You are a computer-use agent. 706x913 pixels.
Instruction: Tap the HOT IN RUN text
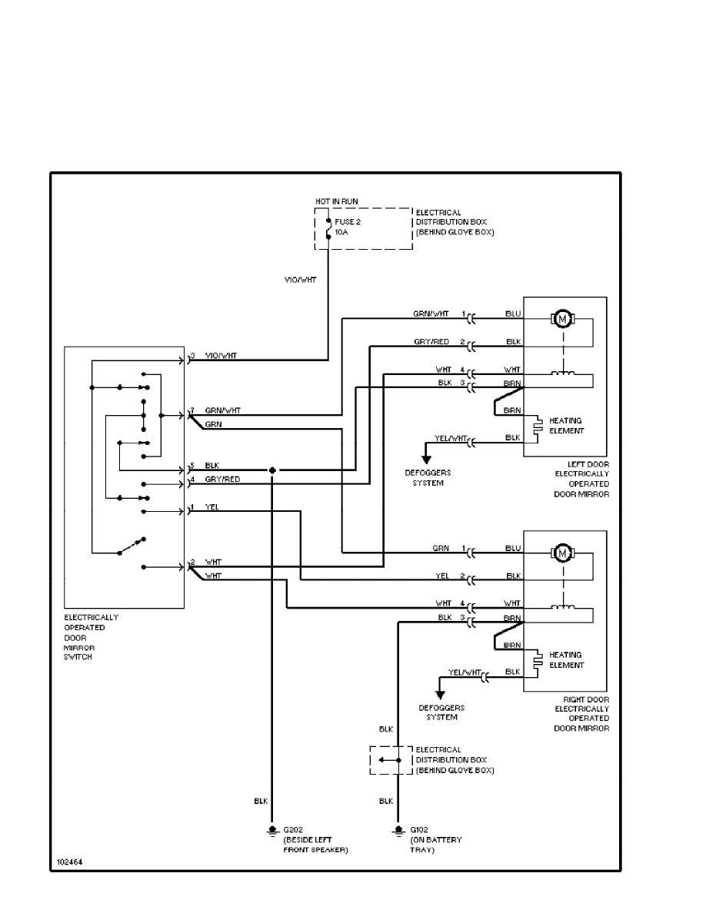coord(336,201)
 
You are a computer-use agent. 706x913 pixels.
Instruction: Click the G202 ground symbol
coord(271,831)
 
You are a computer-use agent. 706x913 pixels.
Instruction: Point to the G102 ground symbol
coord(398,831)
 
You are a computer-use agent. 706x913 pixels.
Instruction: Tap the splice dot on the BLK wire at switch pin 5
coord(271,470)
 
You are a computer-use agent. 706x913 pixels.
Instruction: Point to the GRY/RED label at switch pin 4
coord(222,479)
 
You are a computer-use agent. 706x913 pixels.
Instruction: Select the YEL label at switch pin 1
coord(212,506)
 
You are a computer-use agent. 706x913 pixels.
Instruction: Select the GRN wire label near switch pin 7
coord(213,423)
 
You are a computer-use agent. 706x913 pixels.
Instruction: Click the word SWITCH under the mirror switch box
coord(78,657)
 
